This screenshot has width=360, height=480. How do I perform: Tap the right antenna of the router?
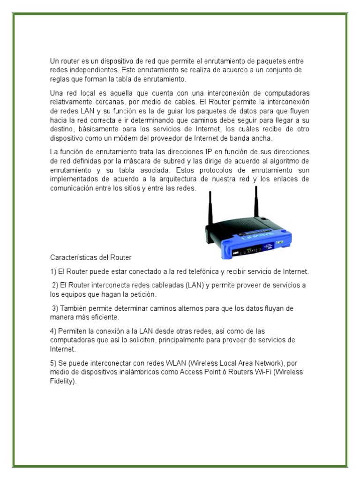pyautogui.click(x=256, y=202)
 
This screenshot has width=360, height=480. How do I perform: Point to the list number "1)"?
pyautogui.click(x=53, y=271)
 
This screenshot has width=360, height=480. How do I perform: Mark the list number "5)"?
pyautogui.click(x=53, y=363)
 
